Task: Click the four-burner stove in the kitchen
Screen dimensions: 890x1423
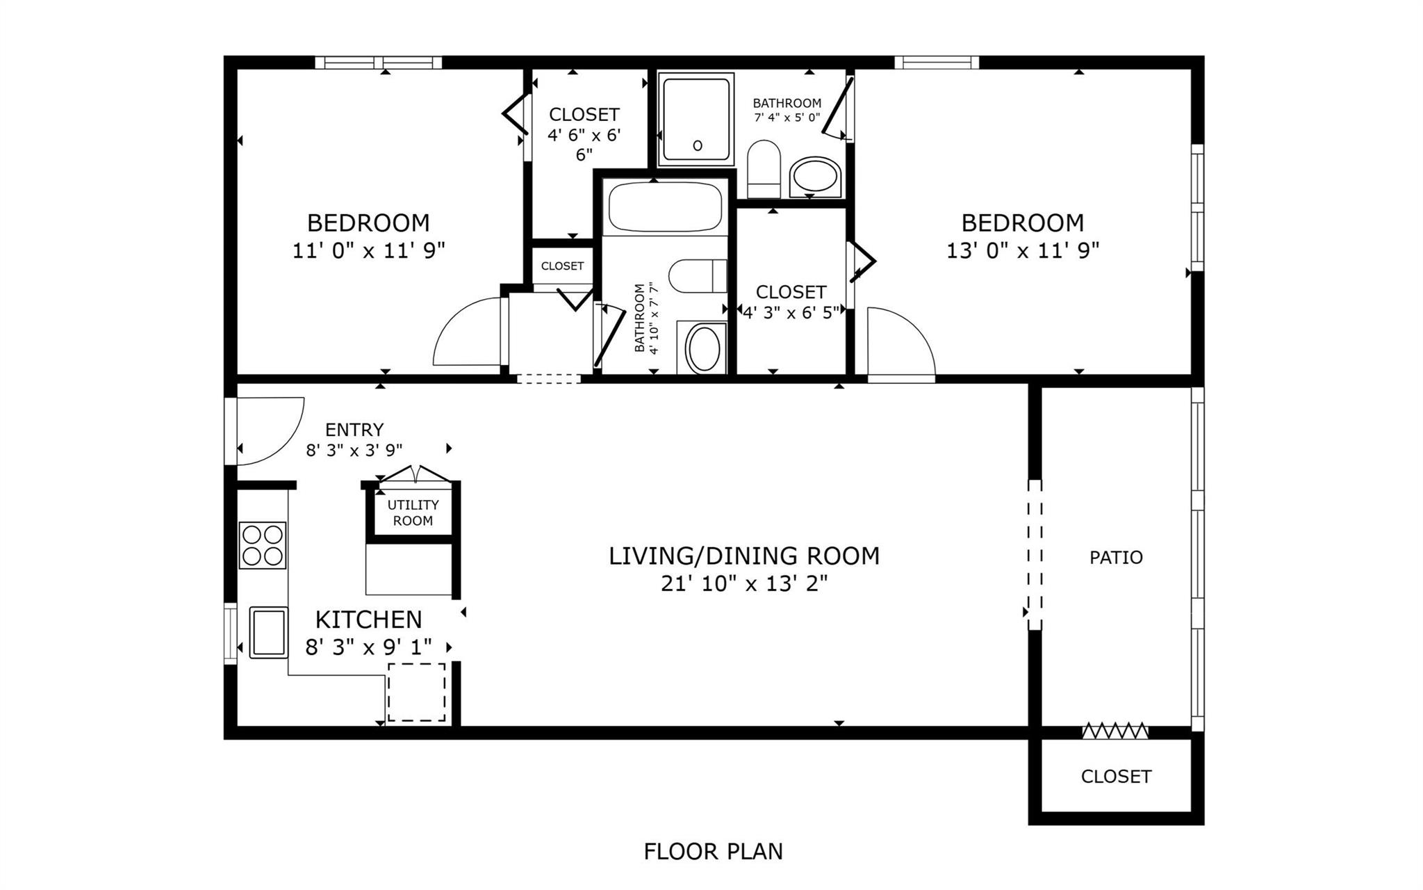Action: [263, 545]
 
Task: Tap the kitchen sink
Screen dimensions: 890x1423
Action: [268, 632]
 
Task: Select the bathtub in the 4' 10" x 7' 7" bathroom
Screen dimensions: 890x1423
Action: [665, 207]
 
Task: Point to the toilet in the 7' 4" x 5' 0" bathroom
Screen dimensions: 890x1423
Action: [764, 169]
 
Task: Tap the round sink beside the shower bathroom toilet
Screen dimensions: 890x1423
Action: [815, 177]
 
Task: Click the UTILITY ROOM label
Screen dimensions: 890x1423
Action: [413, 513]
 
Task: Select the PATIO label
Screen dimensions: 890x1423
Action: [1116, 558]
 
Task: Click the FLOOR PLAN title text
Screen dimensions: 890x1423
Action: [713, 852]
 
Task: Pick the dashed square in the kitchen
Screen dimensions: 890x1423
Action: [416, 692]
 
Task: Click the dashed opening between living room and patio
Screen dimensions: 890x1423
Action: [1035, 554]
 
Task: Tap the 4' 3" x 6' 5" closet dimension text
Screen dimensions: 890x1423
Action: [791, 314]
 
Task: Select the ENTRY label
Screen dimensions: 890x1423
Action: [354, 430]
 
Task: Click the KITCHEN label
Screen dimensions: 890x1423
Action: [368, 620]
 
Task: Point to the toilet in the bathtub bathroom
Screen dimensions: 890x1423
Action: [697, 276]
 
